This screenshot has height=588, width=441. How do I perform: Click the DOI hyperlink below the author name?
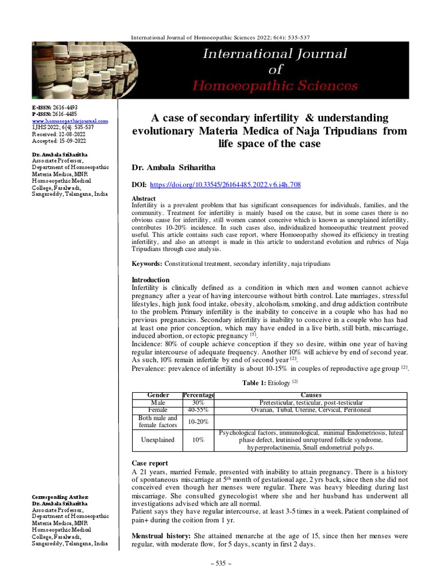[x=225, y=185]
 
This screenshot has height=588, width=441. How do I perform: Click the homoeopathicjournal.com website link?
[x=70, y=121]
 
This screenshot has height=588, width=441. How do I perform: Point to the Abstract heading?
[x=144, y=198]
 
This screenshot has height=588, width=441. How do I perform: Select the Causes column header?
[x=311, y=396]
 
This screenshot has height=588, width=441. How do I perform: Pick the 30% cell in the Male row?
[x=198, y=403]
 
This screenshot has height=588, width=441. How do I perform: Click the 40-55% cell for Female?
[x=198, y=409]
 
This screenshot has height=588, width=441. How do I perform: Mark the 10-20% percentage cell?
[x=198, y=421]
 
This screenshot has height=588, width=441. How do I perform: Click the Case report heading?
[x=150, y=463]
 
